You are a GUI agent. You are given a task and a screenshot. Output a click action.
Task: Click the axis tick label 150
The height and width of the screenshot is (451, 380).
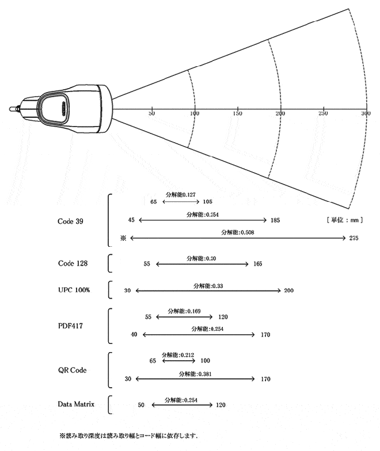(237, 114)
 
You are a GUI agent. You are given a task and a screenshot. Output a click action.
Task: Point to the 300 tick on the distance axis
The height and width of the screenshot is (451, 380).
(365, 114)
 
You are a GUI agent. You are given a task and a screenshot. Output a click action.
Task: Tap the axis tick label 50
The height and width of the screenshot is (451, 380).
(152, 114)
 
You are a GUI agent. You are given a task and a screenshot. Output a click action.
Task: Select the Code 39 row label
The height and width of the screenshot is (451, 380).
(70, 220)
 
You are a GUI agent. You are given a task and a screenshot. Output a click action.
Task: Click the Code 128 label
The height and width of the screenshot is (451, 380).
(73, 263)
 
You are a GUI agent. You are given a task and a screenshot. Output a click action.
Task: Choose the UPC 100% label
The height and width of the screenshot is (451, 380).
(74, 290)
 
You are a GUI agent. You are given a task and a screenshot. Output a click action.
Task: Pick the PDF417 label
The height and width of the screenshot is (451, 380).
(71, 325)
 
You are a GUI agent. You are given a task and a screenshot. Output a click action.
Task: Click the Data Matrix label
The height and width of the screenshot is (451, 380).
(76, 405)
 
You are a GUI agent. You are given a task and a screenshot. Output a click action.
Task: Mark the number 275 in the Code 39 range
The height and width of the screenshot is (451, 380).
(354, 238)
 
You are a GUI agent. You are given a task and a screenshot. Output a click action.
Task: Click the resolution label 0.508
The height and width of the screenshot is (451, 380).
(238, 232)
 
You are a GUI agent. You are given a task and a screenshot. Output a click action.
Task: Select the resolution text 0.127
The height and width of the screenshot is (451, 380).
(181, 195)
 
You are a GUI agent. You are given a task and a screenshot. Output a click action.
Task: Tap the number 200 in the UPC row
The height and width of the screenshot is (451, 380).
(288, 291)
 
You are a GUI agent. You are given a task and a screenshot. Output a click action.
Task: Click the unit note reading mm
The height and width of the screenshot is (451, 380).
(344, 220)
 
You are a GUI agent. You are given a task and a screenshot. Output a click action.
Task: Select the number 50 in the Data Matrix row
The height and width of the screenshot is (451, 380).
(141, 405)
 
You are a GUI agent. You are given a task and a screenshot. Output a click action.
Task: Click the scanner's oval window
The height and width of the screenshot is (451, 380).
(55, 108)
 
